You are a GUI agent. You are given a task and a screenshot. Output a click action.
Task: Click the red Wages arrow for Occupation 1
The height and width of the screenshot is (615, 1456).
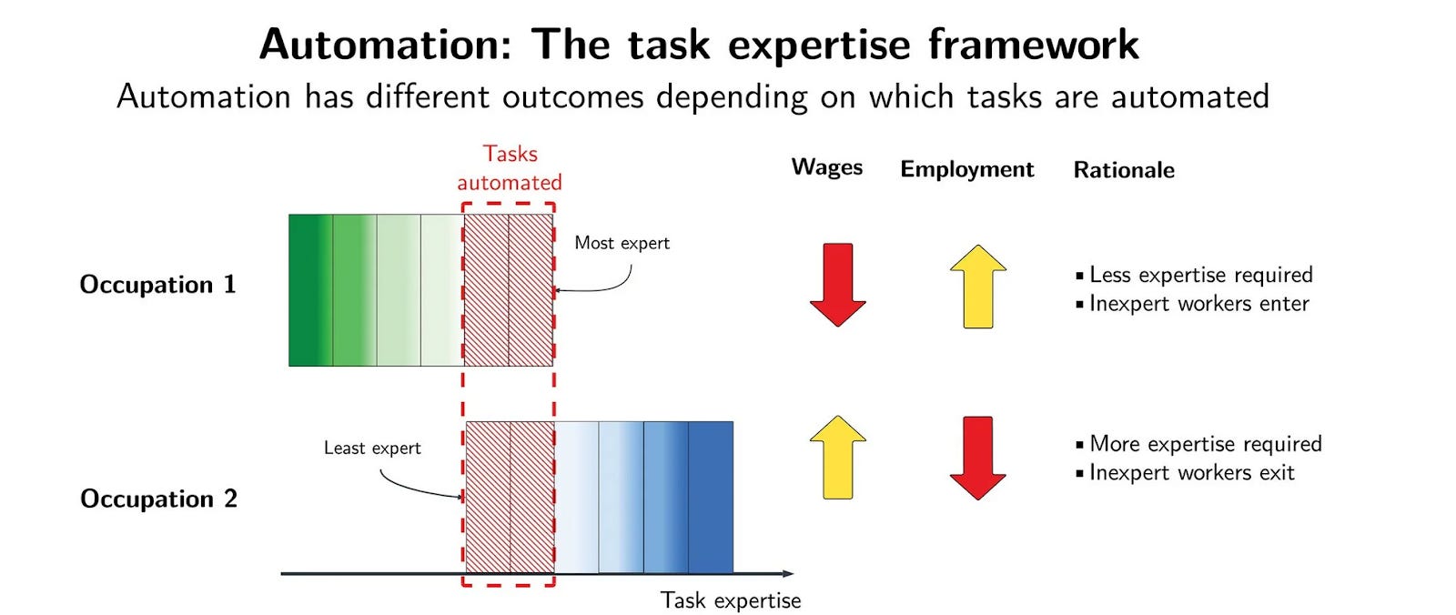[837, 285]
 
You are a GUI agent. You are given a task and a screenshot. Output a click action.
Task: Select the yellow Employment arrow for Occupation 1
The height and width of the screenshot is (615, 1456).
[977, 286]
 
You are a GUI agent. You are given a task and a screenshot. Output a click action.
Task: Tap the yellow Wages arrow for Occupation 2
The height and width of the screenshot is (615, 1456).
[838, 457]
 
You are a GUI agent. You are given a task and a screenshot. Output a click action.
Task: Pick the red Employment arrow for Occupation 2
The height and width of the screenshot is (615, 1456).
[977, 458]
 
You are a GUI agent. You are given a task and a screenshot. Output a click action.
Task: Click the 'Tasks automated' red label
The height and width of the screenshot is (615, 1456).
[510, 167]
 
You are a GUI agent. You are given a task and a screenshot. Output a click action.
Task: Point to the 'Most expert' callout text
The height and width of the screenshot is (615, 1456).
[622, 243]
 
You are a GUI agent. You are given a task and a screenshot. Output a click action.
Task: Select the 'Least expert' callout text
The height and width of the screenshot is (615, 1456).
[372, 448]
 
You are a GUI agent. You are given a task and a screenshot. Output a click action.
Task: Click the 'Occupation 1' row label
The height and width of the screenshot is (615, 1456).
[157, 285]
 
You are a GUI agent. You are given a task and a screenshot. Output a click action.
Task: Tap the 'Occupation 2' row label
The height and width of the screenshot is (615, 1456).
[158, 499]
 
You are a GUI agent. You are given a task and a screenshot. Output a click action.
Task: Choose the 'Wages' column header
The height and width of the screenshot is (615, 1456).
[827, 167]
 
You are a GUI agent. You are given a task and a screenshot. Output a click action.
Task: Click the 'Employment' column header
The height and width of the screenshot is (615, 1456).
[966, 169]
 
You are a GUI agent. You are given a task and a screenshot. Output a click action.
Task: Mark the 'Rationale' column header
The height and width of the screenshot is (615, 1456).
[1124, 170]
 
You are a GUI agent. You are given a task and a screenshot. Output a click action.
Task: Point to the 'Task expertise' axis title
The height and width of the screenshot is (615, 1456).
[731, 600]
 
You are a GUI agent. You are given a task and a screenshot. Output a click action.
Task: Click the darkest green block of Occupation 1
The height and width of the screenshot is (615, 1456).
[310, 290]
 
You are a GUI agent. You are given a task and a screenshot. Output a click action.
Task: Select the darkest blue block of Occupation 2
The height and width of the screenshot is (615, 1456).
[711, 498]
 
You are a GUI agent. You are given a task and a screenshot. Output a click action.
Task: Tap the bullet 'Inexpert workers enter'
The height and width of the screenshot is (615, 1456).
[1193, 304]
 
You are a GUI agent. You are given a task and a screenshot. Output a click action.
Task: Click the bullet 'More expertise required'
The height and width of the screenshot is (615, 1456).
[1199, 444]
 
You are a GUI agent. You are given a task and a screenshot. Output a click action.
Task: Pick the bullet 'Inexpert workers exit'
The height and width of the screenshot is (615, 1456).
[1186, 473]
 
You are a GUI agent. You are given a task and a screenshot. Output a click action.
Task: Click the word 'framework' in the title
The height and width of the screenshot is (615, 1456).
[1034, 45]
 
